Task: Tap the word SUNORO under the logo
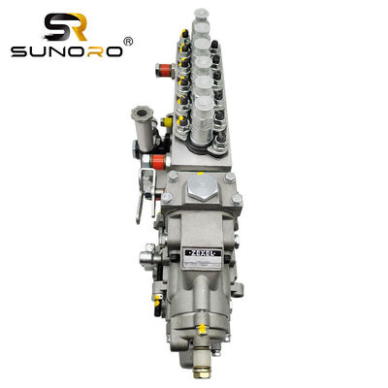(65, 49)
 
